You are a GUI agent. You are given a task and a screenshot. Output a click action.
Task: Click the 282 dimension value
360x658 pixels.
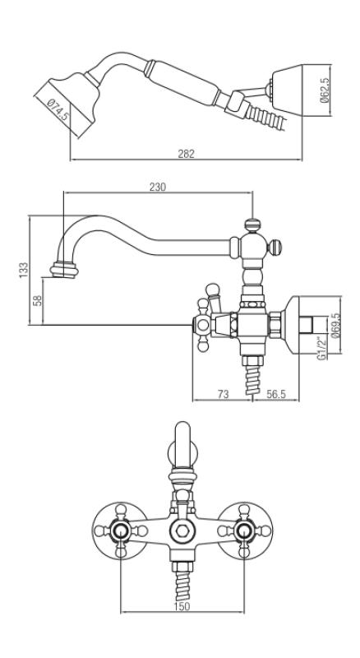point(186,155)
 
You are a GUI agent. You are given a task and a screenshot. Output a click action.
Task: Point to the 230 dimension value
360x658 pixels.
point(159,188)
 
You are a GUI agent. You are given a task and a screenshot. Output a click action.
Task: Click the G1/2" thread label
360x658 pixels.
point(324,345)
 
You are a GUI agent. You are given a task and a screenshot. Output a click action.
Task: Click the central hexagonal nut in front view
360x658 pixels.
point(181,533)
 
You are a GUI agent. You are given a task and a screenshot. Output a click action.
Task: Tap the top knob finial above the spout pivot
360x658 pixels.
point(252,222)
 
